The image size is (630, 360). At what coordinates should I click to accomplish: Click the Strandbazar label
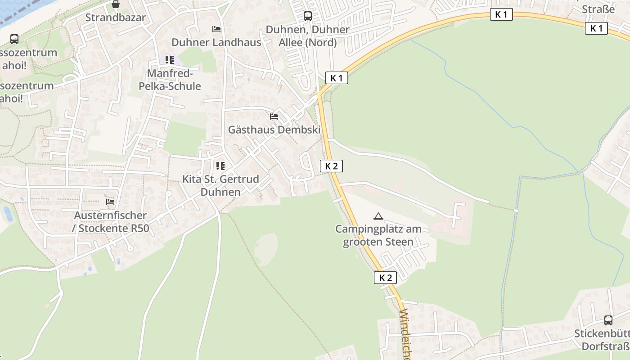pyautogui.click(x=116, y=18)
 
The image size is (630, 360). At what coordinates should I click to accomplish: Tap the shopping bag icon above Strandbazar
pyautogui.click(x=116, y=4)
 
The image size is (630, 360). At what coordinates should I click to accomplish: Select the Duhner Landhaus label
pyautogui.click(x=216, y=42)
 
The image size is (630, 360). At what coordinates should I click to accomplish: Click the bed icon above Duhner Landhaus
pyautogui.click(x=216, y=29)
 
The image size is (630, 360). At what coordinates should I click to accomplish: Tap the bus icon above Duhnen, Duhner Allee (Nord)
pyautogui.click(x=308, y=16)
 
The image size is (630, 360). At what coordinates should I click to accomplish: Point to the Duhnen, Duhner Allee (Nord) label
pyautogui.click(x=308, y=36)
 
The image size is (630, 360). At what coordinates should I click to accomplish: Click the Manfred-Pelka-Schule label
pyautogui.click(x=170, y=80)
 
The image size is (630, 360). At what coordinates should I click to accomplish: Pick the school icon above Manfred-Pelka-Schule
pyautogui.click(x=170, y=59)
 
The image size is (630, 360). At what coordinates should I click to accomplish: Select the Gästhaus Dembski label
pyautogui.click(x=274, y=130)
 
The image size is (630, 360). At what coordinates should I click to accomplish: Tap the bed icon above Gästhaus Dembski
pyautogui.click(x=274, y=117)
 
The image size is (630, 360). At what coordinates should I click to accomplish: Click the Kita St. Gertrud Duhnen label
pyautogui.click(x=220, y=185)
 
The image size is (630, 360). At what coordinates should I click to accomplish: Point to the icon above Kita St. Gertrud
pyautogui.click(x=220, y=166)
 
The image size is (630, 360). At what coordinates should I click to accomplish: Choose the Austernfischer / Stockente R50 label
pyautogui.click(x=111, y=222)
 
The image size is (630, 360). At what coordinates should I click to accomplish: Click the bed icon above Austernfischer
pyautogui.click(x=110, y=202)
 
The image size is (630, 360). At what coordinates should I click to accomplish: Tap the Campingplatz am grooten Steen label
pyautogui.click(x=378, y=235)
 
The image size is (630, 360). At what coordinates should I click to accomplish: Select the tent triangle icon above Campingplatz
pyautogui.click(x=378, y=216)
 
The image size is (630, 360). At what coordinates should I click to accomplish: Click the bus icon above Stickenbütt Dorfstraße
pyautogui.click(x=608, y=320)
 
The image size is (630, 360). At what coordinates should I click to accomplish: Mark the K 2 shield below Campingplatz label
pyautogui.click(x=386, y=278)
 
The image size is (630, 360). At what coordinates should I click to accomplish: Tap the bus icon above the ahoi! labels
pyautogui.click(x=14, y=39)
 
